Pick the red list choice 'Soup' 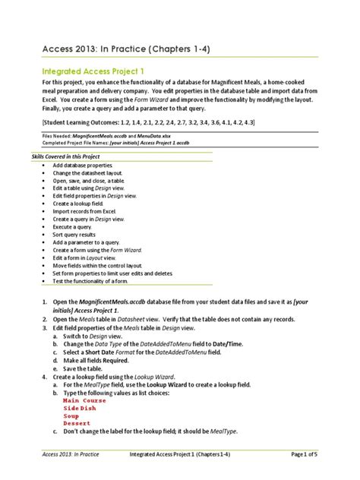point(71,416)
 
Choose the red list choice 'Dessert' point(77,424)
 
